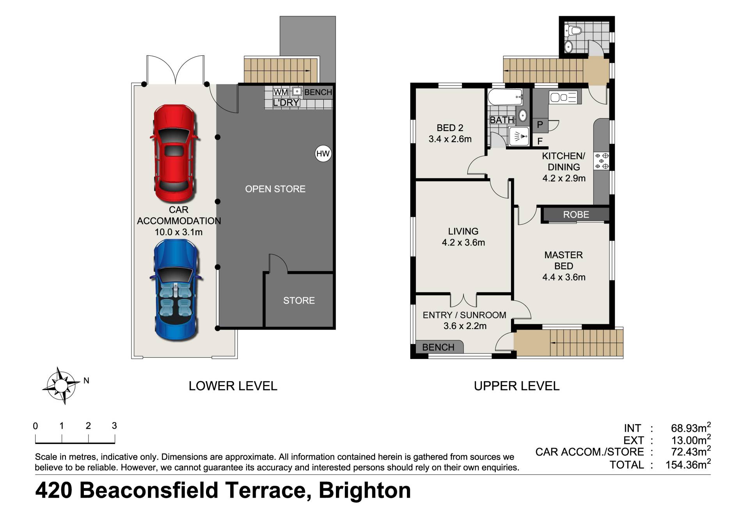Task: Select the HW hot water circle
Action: [x=323, y=154]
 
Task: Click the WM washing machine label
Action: [x=280, y=92]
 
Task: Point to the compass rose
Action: [x=61, y=385]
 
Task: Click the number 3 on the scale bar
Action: [x=114, y=426]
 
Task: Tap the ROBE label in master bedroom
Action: [x=576, y=215]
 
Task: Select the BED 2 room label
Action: [x=450, y=128]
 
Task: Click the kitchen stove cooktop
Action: [x=601, y=161]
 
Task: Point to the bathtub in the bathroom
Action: [x=505, y=97]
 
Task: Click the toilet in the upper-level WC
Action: [x=574, y=30]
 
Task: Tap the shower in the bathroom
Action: [x=519, y=136]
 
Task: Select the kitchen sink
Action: [x=563, y=97]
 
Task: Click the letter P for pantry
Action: [x=540, y=125]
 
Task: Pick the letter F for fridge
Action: [x=540, y=141]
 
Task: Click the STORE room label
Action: [x=299, y=300]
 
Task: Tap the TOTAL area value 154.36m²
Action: [x=688, y=464]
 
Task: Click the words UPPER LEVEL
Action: [x=516, y=386]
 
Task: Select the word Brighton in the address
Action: [x=365, y=491]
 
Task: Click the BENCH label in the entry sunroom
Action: [x=438, y=347]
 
